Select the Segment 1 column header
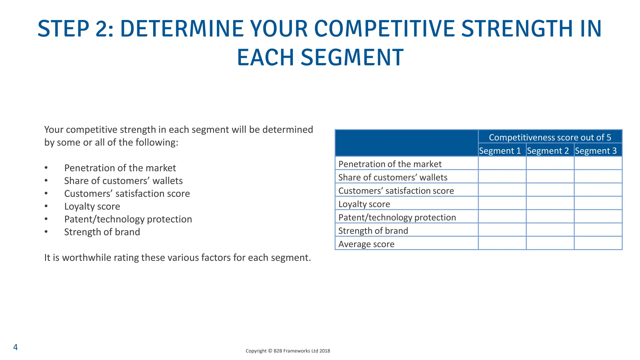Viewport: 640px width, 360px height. click(x=500, y=151)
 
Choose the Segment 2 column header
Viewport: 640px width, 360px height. click(x=548, y=151)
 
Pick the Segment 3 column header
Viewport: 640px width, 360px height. click(x=596, y=151)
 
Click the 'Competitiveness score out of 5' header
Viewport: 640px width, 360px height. click(x=550, y=137)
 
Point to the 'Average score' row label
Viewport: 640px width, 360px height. click(x=366, y=244)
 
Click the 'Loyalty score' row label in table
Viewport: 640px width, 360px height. click(x=364, y=204)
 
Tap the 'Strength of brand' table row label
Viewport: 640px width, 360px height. click(x=373, y=231)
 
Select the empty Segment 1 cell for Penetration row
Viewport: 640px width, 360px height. click(x=502, y=163)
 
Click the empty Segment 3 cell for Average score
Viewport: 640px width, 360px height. click(x=598, y=243)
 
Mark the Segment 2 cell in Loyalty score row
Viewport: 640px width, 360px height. click(x=550, y=203)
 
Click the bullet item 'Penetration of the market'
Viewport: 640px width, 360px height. click(x=120, y=168)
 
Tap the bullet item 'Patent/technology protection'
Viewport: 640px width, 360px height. click(x=128, y=219)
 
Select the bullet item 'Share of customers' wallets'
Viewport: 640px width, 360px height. click(x=123, y=181)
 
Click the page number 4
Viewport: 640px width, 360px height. click(x=15, y=347)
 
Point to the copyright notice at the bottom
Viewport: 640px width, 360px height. click(x=287, y=351)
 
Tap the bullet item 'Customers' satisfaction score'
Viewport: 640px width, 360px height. click(x=127, y=193)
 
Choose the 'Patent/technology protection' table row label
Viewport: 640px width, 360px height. click(x=397, y=217)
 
